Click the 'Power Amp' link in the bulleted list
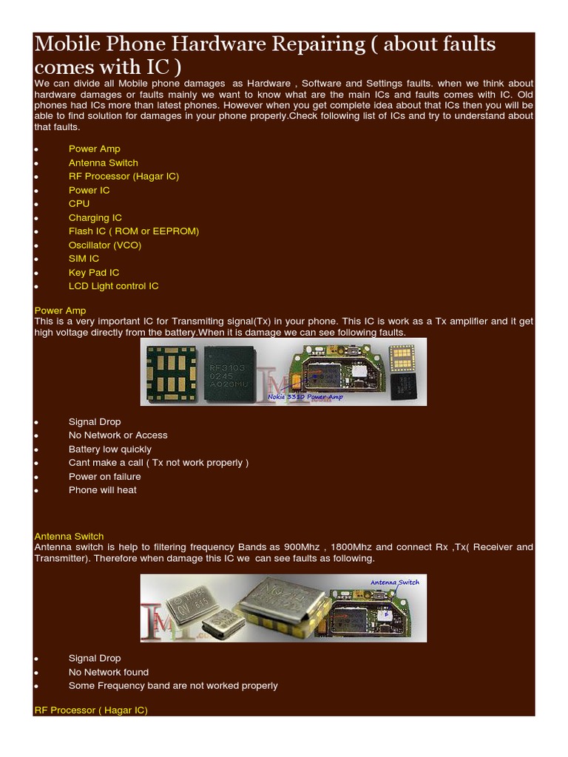(94, 149)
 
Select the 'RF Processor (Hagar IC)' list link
(124, 176)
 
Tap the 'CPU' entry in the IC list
(79, 203)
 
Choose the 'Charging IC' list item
(95, 217)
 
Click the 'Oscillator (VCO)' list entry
(104, 245)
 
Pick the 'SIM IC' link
(84, 259)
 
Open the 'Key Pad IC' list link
(93, 273)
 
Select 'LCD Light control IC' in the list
(113, 286)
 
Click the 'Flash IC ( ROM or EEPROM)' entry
(133, 231)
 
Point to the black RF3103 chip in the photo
(227, 372)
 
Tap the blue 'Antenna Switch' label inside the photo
(394, 583)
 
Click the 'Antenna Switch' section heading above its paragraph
(69, 536)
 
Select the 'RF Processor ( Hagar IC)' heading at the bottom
(91, 710)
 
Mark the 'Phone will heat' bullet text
(102, 490)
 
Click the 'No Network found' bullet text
(108, 672)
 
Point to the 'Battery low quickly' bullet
(109, 449)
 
